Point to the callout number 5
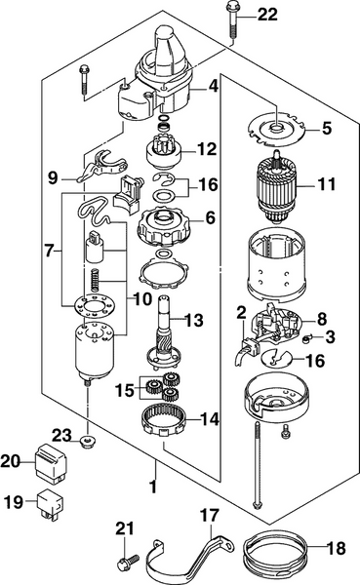tap(327, 126)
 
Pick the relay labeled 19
tap(47, 505)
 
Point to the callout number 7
tap(50, 251)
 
